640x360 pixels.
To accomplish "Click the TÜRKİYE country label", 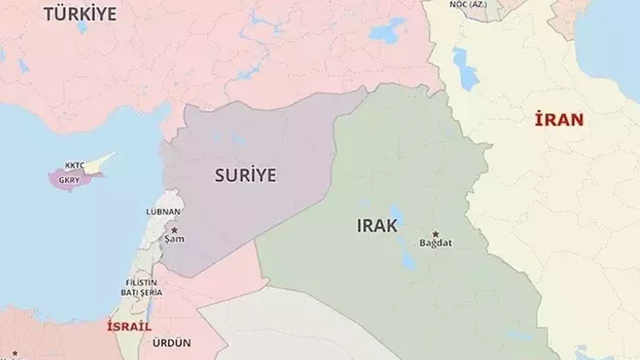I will (x=80, y=13).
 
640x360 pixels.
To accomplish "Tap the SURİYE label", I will (x=245, y=175).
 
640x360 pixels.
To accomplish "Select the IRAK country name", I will (x=377, y=226).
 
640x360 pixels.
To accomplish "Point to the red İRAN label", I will (x=559, y=119).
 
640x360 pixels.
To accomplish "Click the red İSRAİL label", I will (x=129, y=327).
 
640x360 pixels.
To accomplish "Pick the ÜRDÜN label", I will (x=171, y=343).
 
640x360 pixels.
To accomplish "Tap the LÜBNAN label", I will (x=163, y=211).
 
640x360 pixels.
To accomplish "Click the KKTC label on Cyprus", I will (x=74, y=164).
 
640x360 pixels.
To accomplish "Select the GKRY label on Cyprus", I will (x=69, y=180).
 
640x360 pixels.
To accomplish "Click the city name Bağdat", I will (x=435, y=243).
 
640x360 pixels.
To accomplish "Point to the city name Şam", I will (x=174, y=239).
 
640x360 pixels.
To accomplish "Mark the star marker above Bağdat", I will (x=435, y=233).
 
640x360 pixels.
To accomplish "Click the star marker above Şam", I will (x=174, y=230).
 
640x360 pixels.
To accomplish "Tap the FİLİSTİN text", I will (x=141, y=282).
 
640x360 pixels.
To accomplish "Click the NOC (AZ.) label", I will (x=468, y=4).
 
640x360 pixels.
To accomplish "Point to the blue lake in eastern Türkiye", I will (x=386, y=31).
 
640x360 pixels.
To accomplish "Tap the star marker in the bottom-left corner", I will (x=15, y=353).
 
